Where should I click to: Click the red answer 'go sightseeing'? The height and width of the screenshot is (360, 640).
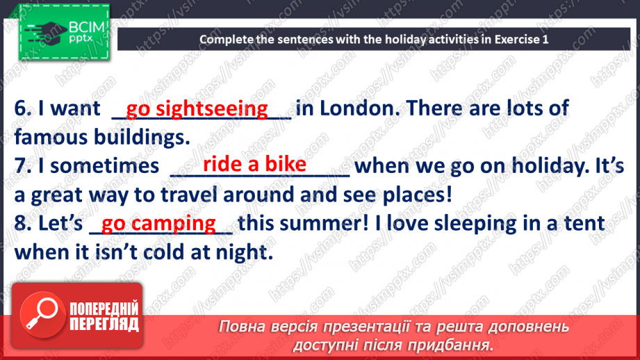(197, 109)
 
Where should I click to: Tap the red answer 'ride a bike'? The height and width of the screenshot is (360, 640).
(254, 164)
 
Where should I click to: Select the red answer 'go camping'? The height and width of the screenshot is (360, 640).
(158, 224)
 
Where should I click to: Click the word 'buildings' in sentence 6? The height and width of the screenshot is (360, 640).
(142, 138)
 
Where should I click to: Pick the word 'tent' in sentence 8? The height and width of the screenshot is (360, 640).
(584, 224)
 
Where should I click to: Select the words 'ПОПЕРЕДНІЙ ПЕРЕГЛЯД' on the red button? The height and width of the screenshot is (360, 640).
(104, 316)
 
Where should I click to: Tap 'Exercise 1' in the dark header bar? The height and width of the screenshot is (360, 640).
(522, 39)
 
